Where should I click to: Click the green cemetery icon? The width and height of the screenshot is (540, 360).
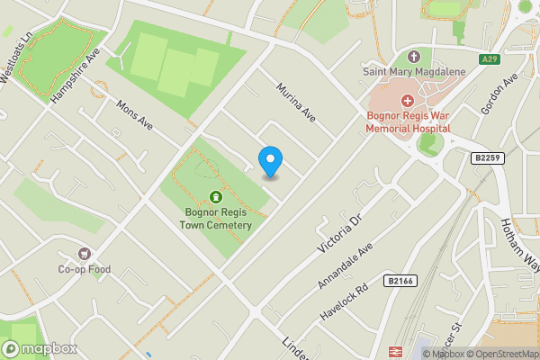coord(215,197)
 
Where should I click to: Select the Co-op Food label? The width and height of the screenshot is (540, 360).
coord(85,269)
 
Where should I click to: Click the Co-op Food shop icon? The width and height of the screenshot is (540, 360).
coord(85,255)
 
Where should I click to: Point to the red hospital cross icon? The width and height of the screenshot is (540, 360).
coord(407,100)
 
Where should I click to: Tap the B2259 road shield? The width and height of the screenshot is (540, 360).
coord(487,157)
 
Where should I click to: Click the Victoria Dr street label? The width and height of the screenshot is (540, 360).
coord(337,235)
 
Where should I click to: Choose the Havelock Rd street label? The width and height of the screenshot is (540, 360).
coord(345,302)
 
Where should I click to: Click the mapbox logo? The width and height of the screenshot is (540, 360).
coord(40,348)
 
